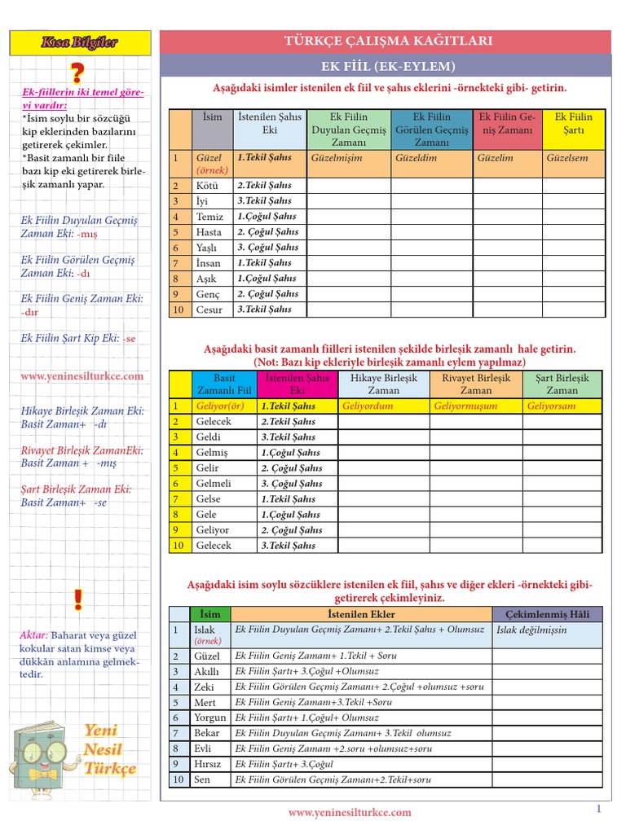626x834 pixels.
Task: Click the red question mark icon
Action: tap(77, 72)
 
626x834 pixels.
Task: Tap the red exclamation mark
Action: tap(77, 601)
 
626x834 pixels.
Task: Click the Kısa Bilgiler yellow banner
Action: tap(80, 42)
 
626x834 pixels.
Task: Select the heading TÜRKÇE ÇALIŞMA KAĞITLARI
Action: tap(386, 42)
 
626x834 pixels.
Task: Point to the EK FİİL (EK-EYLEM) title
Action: tap(386, 66)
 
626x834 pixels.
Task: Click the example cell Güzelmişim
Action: tap(337, 158)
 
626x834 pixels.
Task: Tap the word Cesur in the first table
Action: tap(209, 309)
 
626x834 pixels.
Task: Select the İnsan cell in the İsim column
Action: tap(209, 263)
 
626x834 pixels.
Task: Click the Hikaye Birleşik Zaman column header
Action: tap(383, 384)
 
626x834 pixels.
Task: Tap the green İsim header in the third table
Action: tap(209, 614)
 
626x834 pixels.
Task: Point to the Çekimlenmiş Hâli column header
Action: tap(547, 614)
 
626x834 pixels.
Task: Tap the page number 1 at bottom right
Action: tap(597, 809)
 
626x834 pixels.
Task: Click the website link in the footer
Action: tap(350, 812)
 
